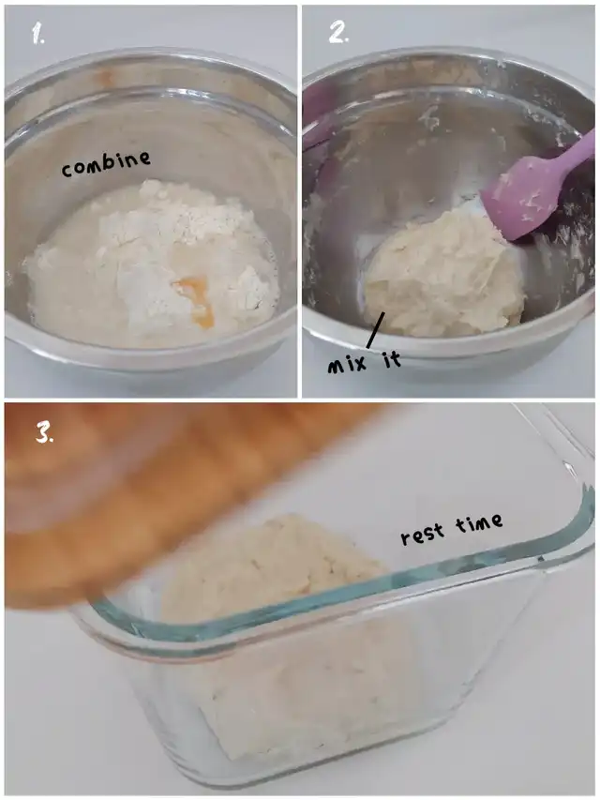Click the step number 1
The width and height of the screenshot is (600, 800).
37,33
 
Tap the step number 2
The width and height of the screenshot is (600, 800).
338,33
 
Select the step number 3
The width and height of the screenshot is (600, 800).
45,432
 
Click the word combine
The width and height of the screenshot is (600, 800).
106,164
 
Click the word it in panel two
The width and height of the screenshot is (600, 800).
391,359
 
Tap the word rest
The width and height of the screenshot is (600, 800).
423,535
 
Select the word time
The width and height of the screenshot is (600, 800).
478,523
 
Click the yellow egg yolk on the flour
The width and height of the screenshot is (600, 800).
195,299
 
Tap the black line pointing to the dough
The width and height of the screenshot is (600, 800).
373,330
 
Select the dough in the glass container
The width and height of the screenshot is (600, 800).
286,633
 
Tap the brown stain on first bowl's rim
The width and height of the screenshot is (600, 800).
106,77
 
